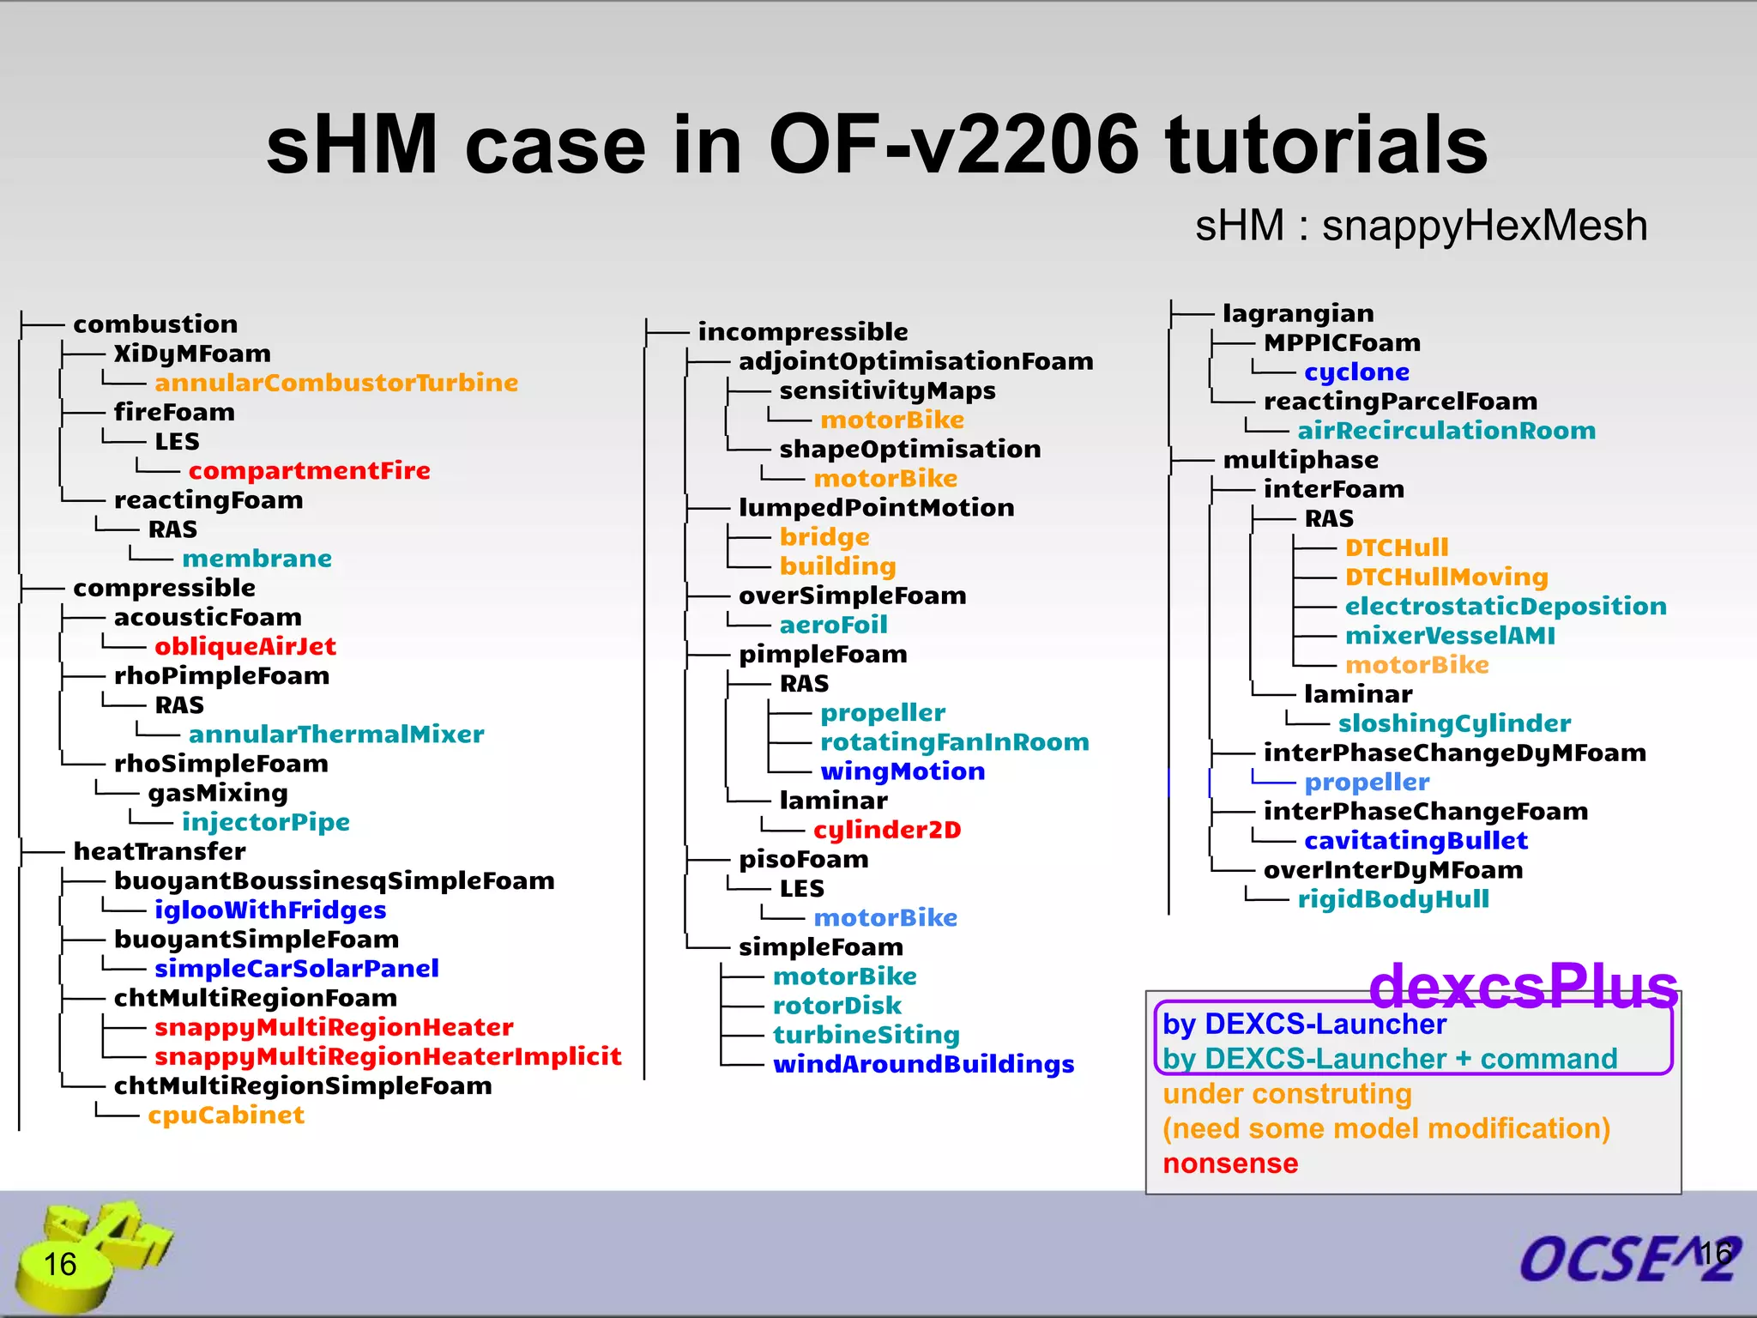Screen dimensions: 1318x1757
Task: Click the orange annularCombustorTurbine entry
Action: click(336, 383)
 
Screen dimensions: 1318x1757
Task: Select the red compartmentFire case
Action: click(309, 471)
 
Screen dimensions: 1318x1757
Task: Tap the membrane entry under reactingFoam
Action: click(257, 559)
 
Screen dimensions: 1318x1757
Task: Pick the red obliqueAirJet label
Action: click(245, 646)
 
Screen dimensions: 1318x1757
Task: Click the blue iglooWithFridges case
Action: click(270, 910)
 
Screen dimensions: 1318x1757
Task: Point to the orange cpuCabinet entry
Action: click(226, 1115)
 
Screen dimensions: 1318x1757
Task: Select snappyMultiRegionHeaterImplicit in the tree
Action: click(388, 1056)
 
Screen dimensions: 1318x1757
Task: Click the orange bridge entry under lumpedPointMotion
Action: click(824, 537)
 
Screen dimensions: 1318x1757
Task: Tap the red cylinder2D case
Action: click(887, 830)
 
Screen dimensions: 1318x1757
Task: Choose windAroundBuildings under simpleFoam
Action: click(923, 1064)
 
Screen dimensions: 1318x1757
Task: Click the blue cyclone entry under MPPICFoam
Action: click(1356, 372)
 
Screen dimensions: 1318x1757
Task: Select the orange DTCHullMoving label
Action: click(1446, 577)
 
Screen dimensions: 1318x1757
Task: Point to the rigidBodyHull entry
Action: click(1393, 899)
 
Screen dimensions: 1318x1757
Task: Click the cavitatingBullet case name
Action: click(1416, 841)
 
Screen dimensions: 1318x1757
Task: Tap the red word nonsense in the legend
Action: click(1230, 1164)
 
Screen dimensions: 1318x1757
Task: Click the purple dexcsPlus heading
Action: click(1523, 987)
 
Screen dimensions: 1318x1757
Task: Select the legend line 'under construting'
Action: click(1287, 1094)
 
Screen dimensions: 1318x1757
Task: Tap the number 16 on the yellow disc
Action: click(60, 1264)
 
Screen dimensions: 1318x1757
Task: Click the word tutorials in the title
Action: click(1325, 146)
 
